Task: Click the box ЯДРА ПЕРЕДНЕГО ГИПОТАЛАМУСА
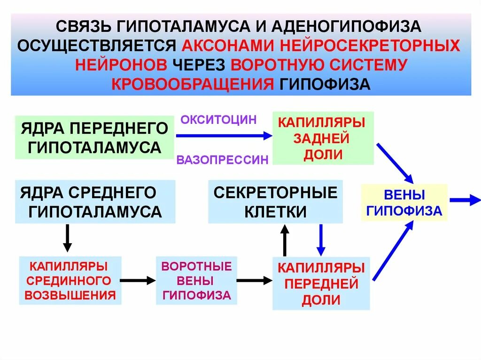(94, 137)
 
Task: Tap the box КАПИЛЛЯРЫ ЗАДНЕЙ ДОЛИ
(323, 138)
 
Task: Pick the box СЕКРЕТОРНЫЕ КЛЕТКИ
(275, 202)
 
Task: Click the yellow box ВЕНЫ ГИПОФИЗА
(404, 202)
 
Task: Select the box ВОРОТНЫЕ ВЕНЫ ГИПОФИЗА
(196, 280)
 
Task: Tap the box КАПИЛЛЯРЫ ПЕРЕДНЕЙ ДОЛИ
(321, 283)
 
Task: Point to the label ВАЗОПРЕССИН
(222, 160)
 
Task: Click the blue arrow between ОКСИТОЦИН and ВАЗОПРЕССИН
(224, 136)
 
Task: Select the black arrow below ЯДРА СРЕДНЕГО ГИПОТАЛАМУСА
(68, 238)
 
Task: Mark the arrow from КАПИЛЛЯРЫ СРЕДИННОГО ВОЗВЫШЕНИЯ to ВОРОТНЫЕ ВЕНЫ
(138, 280)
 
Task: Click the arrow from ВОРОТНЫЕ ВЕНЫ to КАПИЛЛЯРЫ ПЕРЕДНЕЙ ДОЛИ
(254, 280)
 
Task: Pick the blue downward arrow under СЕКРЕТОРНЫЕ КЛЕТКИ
(321, 239)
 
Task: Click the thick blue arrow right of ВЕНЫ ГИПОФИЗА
(465, 200)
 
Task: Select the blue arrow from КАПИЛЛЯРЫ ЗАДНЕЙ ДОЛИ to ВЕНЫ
(395, 163)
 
